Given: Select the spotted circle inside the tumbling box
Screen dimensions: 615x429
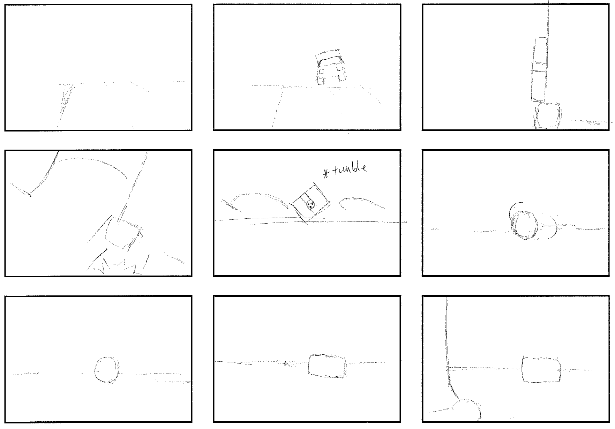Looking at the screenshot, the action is (x=310, y=205).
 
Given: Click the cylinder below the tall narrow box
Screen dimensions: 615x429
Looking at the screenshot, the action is (x=548, y=116).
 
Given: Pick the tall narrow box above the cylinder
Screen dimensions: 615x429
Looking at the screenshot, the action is (x=539, y=69).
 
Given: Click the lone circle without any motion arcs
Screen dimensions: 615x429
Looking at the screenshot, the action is (x=107, y=370).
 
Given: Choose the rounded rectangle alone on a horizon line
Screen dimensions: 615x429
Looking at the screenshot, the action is (x=328, y=366).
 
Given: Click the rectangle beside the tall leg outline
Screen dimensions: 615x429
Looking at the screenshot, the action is (x=542, y=370).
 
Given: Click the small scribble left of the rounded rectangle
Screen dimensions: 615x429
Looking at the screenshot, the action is (x=286, y=363).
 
